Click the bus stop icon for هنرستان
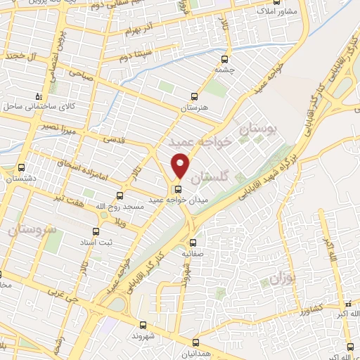pyautogui.click(x=195, y=97)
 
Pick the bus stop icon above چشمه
pyautogui.click(x=225, y=59)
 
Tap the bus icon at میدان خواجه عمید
pyautogui.click(x=176, y=189)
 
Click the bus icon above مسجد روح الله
pyautogui.click(x=119, y=195)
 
